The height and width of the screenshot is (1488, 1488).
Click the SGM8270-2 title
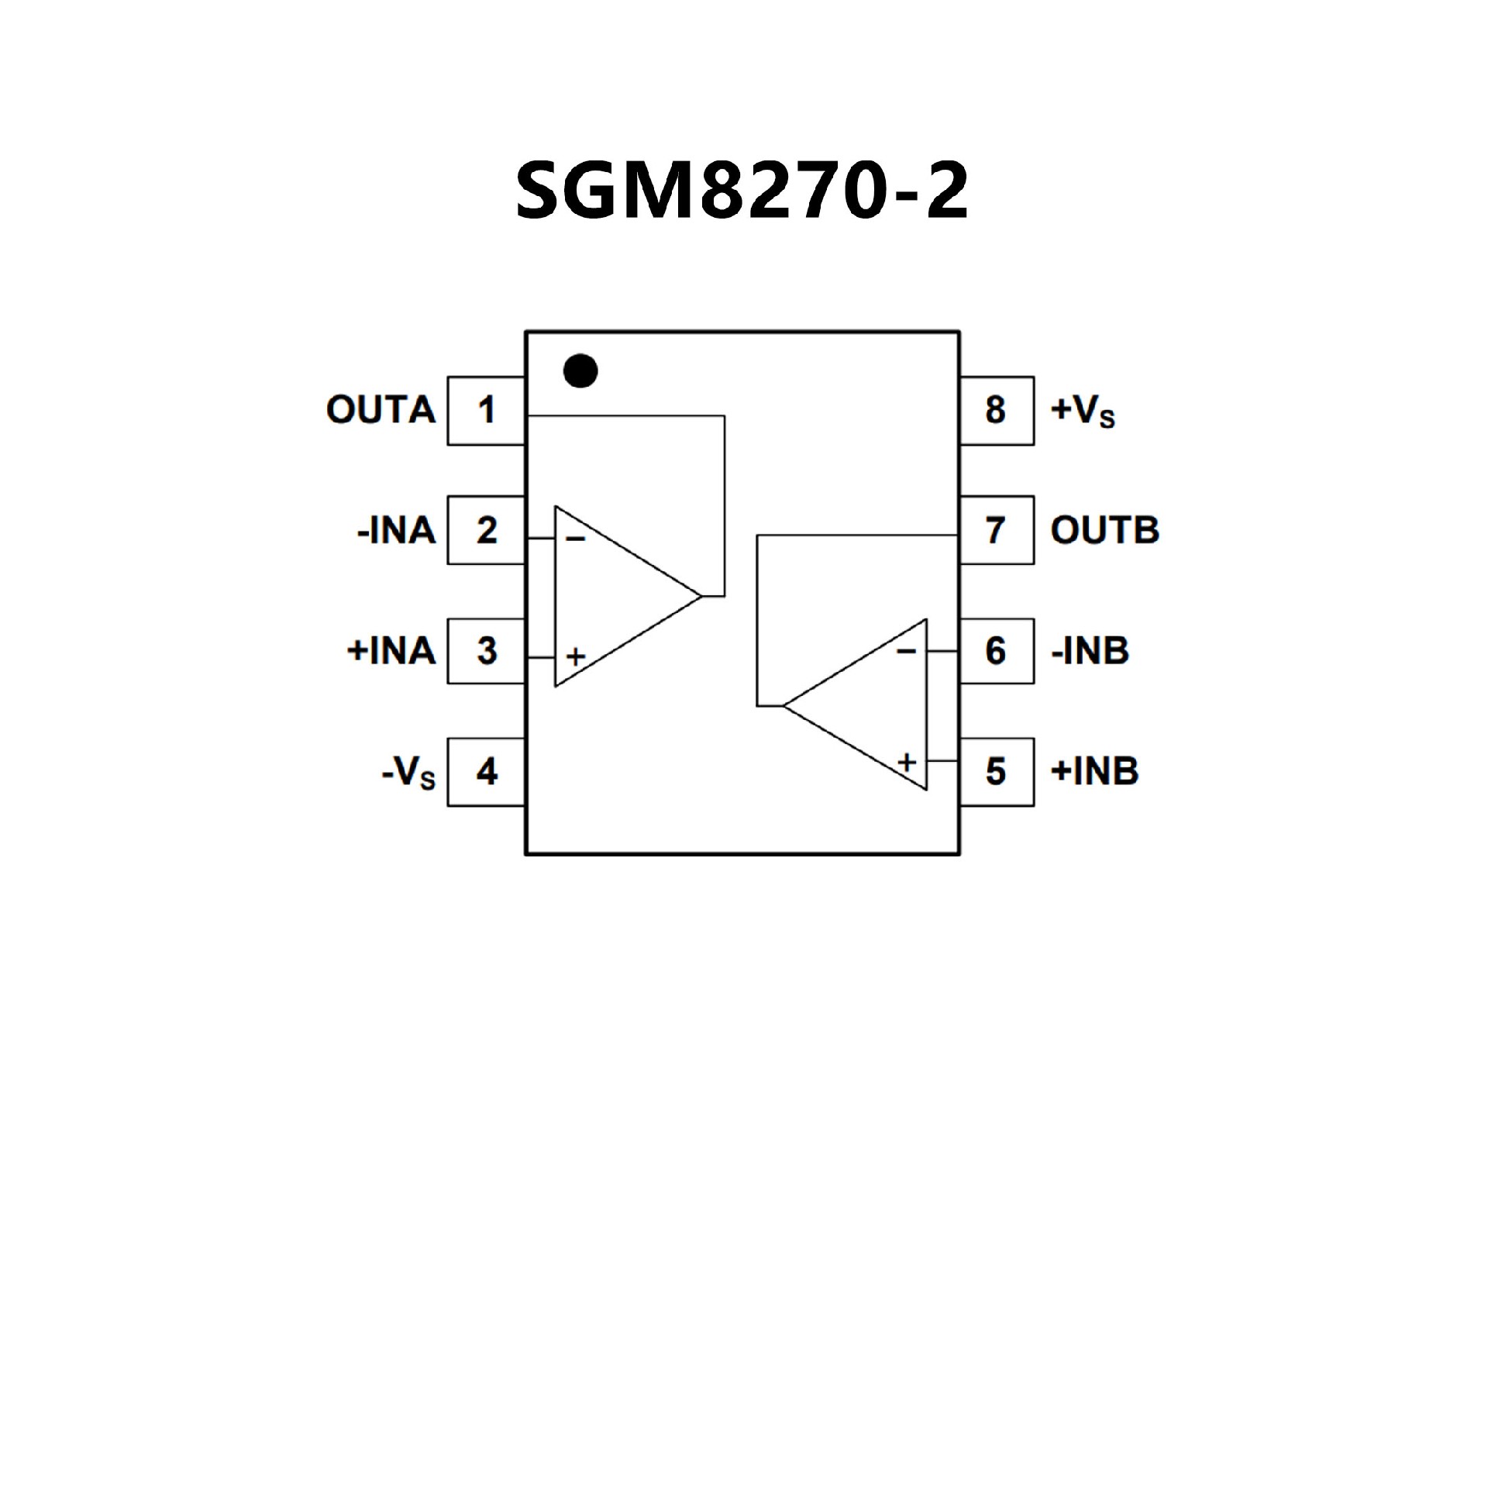pyautogui.click(x=742, y=191)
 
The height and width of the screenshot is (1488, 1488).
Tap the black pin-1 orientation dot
pyautogui.click(x=580, y=370)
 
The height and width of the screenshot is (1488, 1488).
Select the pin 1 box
pyautogui.click(x=486, y=410)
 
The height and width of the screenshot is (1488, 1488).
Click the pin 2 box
pyautogui.click(x=486, y=530)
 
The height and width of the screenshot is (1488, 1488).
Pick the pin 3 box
pyautogui.click(x=486, y=650)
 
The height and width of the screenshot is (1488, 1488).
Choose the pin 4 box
pyautogui.click(x=486, y=771)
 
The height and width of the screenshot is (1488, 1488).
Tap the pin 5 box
pyautogui.click(x=997, y=771)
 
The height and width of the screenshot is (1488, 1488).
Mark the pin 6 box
pyautogui.click(x=997, y=650)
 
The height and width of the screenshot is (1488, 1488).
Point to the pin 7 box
pyautogui.click(x=997, y=530)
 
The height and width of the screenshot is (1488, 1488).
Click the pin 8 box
pyautogui.click(x=997, y=410)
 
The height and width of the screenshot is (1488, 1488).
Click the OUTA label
pyautogui.click(x=381, y=410)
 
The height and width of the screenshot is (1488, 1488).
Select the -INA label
pyautogui.click(x=396, y=531)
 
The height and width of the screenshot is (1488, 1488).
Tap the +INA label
pyautogui.click(x=391, y=650)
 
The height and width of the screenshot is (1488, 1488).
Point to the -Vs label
pyautogui.click(x=408, y=773)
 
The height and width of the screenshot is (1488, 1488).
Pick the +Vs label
pyautogui.click(x=1083, y=411)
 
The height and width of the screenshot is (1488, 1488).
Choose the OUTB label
pyautogui.click(x=1104, y=530)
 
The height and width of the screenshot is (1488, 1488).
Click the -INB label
pyautogui.click(x=1090, y=651)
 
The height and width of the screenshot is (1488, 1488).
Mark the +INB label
pyautogui.click(x=1094, y=771)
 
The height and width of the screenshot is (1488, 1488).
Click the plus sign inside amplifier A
pyautogui.click(x=575, y=657)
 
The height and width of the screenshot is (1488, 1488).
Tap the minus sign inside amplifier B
pyautogui.click(x=906, y=651)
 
